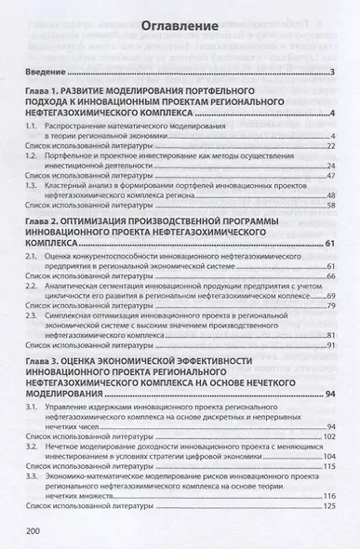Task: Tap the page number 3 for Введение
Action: pyautogui.click(x=331, y=71)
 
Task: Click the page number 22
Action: pyautogui.click(x=329, y=145)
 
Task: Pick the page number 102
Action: pyautogui.click(x=327, y=435)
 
